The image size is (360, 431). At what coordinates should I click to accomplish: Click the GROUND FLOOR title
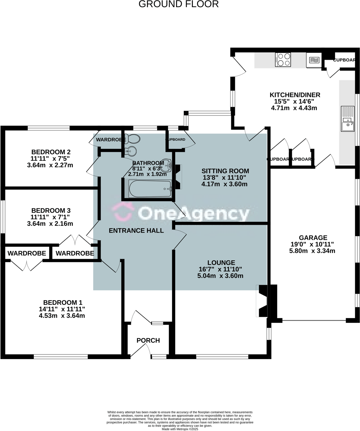[x=179, y=4]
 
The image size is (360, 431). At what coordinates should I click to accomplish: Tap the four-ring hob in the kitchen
[x=283, y=59]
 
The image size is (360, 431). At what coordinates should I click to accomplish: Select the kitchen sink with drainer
[x=347, y=119]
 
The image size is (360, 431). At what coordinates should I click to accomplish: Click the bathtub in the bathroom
[x=150, y=189]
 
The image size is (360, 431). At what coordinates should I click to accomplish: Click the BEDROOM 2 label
[x=51, y=152]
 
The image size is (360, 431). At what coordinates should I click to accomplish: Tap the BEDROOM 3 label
[x=51, y=210]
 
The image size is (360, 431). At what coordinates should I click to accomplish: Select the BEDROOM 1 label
[x=63, y=302]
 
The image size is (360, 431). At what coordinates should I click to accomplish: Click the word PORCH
[x=148, y=340]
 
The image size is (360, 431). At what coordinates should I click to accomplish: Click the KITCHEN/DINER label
[x=295, y=95]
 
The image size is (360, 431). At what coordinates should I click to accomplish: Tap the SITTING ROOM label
[x=225, y=171]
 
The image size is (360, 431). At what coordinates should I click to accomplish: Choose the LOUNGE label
[x=221, y=262]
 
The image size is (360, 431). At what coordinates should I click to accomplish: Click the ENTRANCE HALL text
[x=136, y=230]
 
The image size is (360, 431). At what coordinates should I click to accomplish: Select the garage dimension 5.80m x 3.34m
[x=312, y=251]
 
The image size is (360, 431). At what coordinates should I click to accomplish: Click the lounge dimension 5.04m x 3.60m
[x=221, y=276]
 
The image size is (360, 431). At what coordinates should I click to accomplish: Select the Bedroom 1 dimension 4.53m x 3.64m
[x=62, y=316]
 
